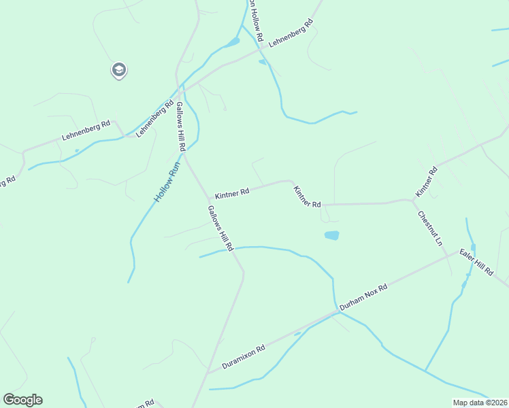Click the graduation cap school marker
click(119, 69)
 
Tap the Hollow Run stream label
click(166, 181)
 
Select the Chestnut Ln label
click(430, 228)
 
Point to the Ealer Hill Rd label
click(476, 262)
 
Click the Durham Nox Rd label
click(363, 297)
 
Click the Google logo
click(22, 400)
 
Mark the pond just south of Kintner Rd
click(331, 235)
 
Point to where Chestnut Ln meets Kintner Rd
click(413, 200)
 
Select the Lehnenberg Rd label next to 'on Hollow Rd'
click(291, 33)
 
